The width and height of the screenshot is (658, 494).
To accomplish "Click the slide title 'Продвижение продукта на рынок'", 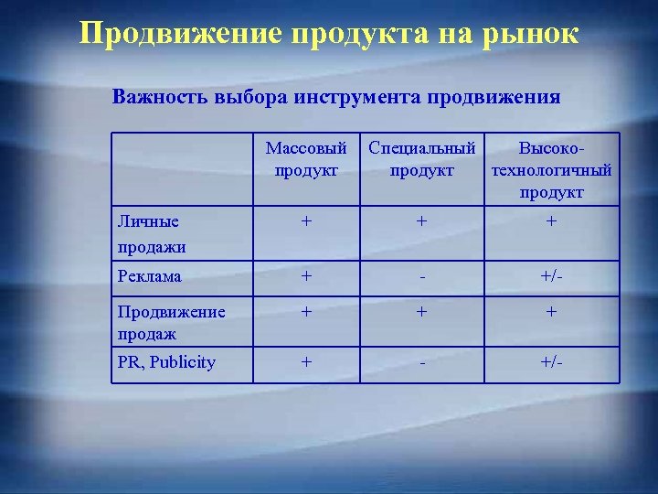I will (329, 33).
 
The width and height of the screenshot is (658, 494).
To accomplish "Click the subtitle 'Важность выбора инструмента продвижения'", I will (336, 96).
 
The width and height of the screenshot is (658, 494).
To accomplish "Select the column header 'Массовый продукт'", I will (306, 158).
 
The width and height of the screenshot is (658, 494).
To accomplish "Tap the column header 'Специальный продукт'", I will (421, 158).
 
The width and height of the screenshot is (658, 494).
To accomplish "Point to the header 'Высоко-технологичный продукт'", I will (551, 170).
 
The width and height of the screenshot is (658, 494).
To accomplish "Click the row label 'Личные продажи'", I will (151, 233).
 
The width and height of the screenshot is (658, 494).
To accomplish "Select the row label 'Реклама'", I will (149, 276).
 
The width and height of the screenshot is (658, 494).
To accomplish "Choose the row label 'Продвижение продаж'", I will (171, 321).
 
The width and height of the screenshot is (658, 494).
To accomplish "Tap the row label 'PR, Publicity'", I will (166, 362).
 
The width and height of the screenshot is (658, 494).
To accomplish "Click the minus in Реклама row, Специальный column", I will (421, 276).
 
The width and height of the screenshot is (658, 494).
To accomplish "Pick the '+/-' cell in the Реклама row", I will (551, 276).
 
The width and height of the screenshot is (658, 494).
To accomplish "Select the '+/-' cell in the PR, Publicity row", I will (551, 362).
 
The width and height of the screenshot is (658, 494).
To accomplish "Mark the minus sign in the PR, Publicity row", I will (421, 362).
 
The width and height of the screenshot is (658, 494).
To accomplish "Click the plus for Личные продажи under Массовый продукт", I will (307, 221).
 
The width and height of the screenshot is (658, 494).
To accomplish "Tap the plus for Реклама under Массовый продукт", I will (307, 276).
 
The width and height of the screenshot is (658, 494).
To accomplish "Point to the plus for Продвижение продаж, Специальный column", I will (421, 312).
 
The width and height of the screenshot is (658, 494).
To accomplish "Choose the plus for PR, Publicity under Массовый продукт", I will (307, 362).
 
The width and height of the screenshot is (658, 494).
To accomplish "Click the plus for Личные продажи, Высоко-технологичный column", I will (551, 221).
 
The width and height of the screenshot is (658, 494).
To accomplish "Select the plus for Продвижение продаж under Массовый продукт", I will (307, 312).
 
